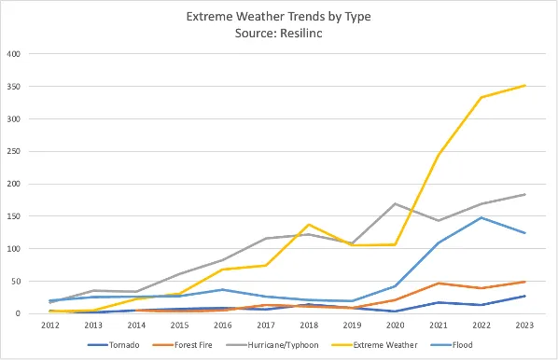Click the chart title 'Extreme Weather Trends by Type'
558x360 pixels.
[278, 17]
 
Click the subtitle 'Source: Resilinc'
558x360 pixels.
[278, 33]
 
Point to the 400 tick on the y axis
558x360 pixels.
[14, 54]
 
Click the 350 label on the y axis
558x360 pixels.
[14, 87]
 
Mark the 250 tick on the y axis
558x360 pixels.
[14, 151]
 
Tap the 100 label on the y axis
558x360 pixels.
[14, 249]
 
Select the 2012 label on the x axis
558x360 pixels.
[50, 325]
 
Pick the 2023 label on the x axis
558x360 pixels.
[525, 325]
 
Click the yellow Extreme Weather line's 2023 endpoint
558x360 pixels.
[525, 86]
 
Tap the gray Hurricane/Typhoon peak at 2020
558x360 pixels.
[395, 203]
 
